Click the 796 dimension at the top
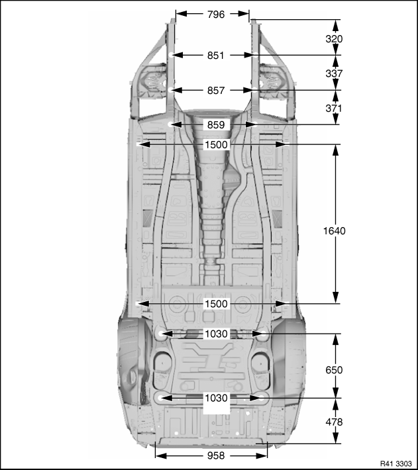(216, 14)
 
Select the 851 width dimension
(216, 56)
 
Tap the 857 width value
(216, 91)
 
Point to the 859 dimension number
(216, 124)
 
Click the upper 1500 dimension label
(216, 145)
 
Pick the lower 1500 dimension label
(216, 304)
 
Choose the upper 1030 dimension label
(216, 334)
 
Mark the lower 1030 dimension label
(216, 398)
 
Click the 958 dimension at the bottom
(216, 455)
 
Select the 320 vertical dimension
(334, 39)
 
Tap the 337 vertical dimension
(334, 73)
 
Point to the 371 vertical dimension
(334, 108)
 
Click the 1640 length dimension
(335, 231)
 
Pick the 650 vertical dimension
(334, 370)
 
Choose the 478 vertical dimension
(334, 422)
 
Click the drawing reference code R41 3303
(396, 463)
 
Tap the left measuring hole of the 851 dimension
(171, 55)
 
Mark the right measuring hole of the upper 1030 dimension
(264, 334)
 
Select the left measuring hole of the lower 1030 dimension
(160, 398)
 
